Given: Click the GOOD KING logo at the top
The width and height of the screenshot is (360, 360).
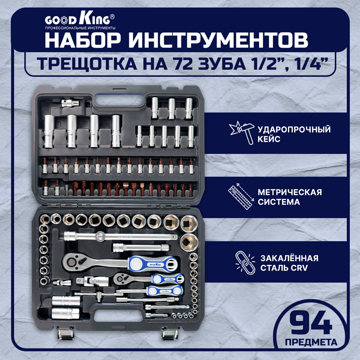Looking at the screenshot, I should [77, 20].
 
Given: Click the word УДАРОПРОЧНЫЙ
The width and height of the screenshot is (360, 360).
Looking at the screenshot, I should [294, 130].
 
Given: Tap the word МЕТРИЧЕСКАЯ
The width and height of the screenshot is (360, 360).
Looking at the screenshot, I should [290, 192].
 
